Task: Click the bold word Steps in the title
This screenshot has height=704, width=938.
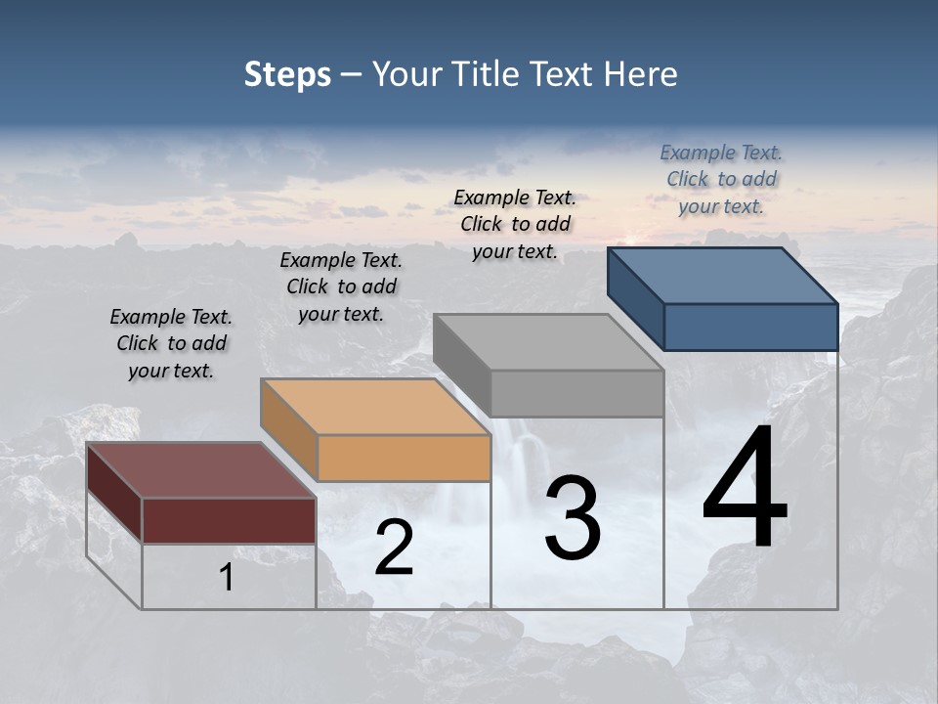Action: (287, 74)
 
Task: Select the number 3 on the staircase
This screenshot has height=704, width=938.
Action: (572, 518)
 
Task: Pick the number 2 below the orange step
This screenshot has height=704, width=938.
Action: (394, 549)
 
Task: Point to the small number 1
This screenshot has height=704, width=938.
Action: (226, 578)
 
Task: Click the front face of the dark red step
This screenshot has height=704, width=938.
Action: (229, 520)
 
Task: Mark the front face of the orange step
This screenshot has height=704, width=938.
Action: (404, 458)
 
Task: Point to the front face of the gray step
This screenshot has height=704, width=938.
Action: (576, 394)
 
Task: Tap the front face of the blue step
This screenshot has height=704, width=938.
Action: (750, 327)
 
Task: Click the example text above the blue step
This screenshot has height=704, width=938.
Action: (721, 180)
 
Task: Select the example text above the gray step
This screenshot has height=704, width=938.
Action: (515, 225)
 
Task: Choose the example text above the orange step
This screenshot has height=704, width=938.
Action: (341, 287)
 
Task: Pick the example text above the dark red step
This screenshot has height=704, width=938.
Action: (171, 344)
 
